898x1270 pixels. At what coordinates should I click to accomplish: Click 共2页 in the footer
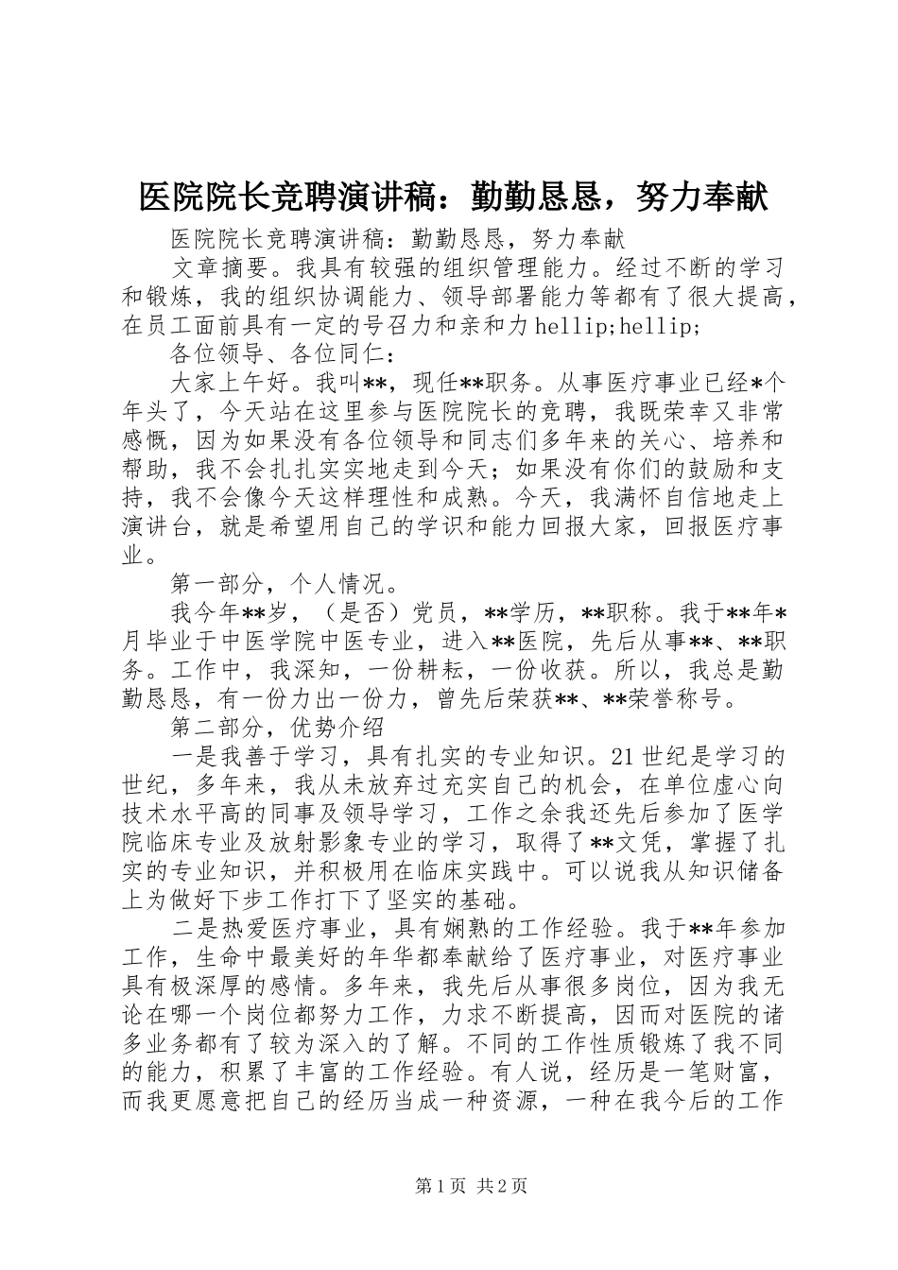[502, 1187]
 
